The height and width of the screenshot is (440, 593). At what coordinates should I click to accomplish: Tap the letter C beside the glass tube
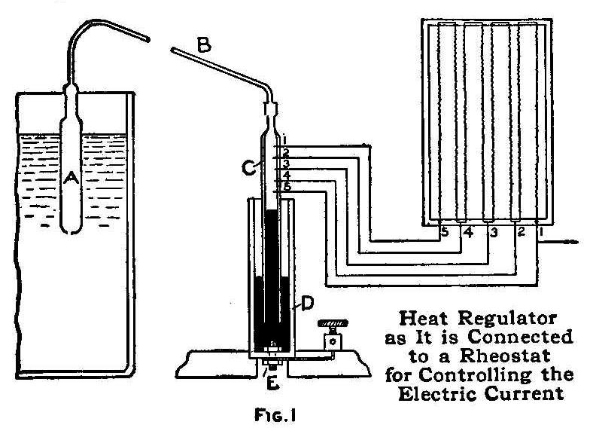coord(256,168)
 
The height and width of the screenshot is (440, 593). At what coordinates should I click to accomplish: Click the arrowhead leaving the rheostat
coord(575,242)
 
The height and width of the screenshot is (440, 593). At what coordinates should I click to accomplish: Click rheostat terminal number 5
coord(446,231)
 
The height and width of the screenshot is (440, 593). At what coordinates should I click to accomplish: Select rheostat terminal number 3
coord(494,231)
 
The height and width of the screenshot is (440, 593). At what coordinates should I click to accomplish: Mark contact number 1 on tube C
coord(284,141)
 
